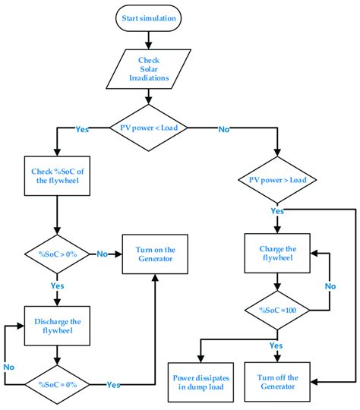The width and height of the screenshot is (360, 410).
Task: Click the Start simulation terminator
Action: point(150,18)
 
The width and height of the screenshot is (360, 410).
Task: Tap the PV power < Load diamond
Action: point(150,129)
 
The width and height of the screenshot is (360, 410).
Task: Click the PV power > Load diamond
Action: point(279,181)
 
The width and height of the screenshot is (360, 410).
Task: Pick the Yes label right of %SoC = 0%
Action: point(114,385)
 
